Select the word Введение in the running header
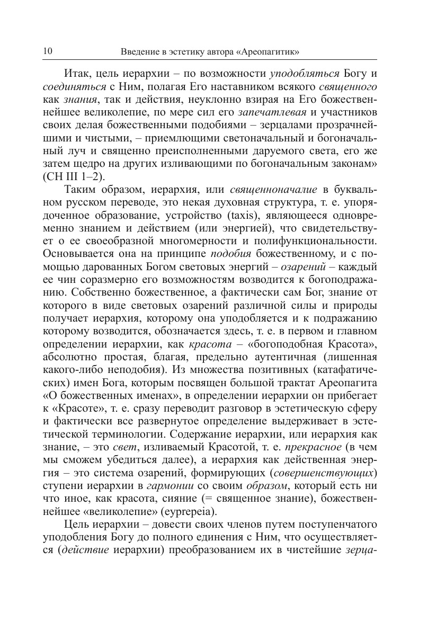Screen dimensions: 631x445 tap(137, 52)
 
